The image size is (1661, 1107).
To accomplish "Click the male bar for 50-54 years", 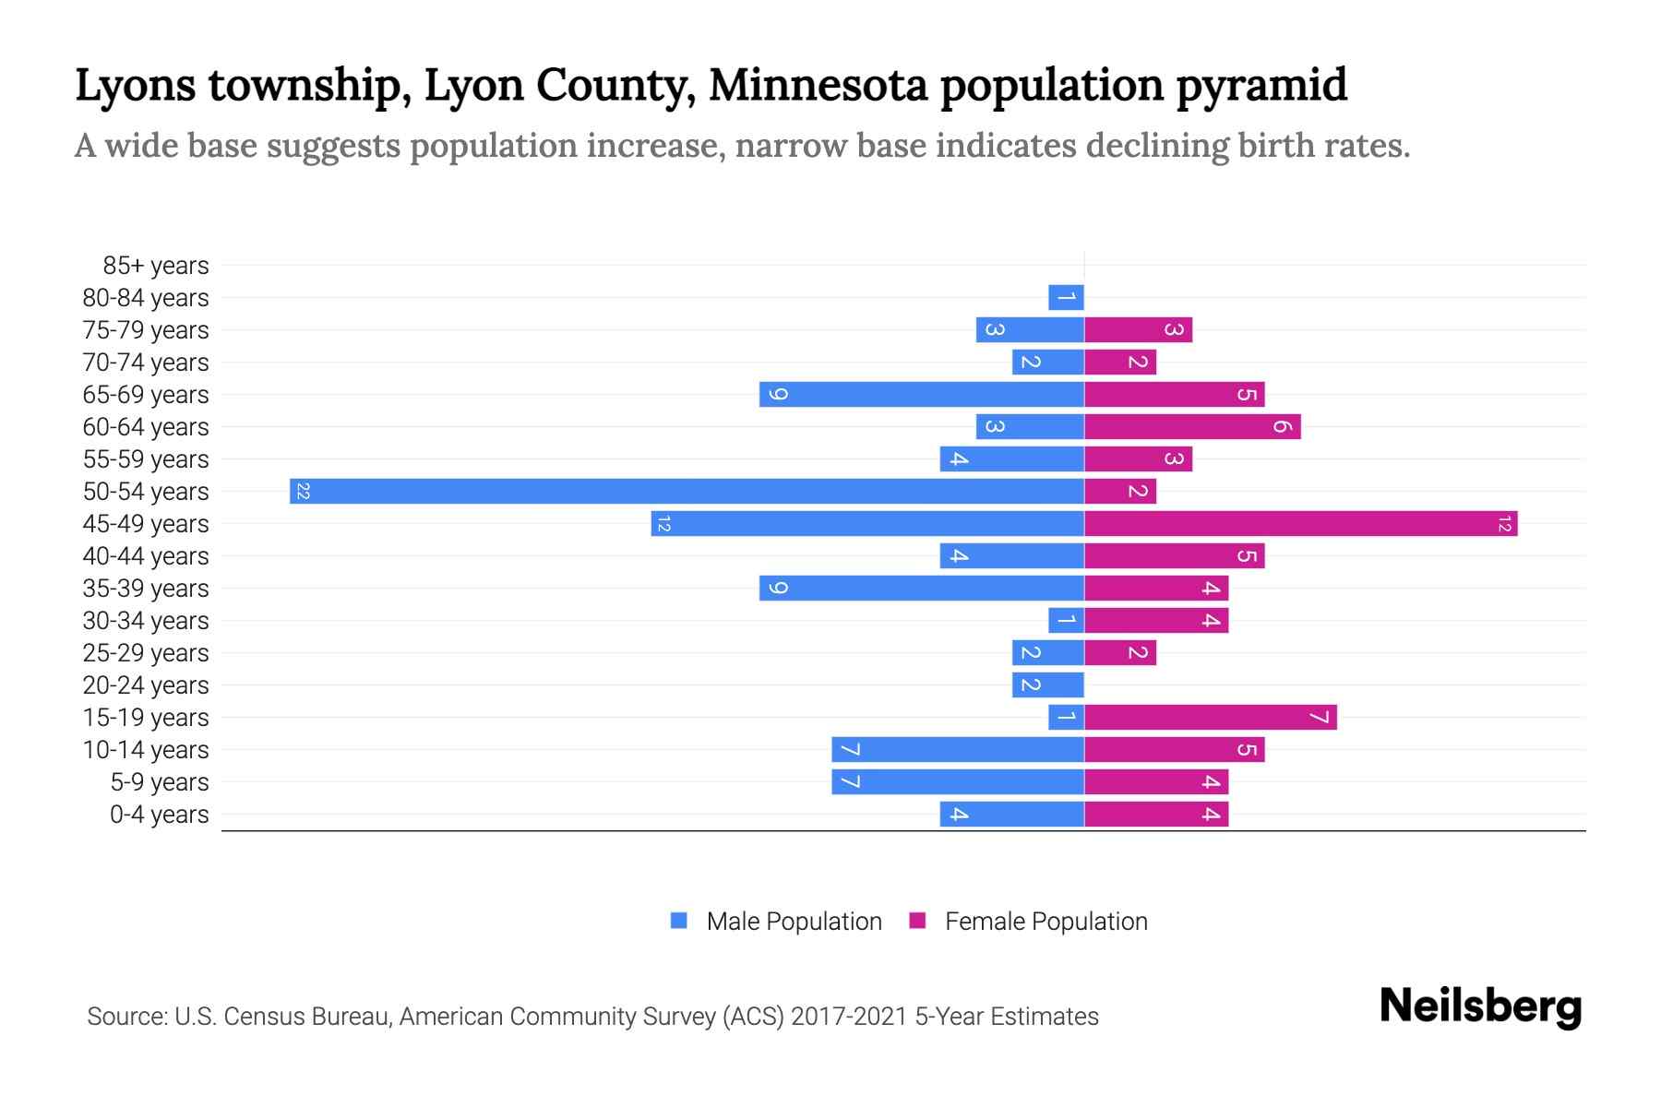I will point(687,491).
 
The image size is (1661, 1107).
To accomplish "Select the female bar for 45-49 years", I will point(1300,523).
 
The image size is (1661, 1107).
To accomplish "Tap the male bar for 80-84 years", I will point(1066,297).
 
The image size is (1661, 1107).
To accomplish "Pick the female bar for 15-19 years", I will point(1210,717).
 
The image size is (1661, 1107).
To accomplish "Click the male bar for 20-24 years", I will point(1047,684).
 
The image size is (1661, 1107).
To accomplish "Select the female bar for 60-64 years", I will point(1192,426).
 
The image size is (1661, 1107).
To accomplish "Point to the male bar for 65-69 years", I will point(921,394).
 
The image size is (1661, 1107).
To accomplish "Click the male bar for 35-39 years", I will point(921,588).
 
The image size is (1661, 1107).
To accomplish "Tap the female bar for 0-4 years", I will point(1156,814).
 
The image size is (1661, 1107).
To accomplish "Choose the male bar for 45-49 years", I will point(867,523).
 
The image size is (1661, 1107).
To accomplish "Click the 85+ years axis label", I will point(156,266).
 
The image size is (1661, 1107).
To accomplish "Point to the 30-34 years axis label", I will point(146,621).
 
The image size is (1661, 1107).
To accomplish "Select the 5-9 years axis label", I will point(160,782).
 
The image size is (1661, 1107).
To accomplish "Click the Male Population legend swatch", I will point(679,921).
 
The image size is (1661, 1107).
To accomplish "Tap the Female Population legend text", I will point(1046,921).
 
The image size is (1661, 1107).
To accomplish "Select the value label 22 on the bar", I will point(303,491).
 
